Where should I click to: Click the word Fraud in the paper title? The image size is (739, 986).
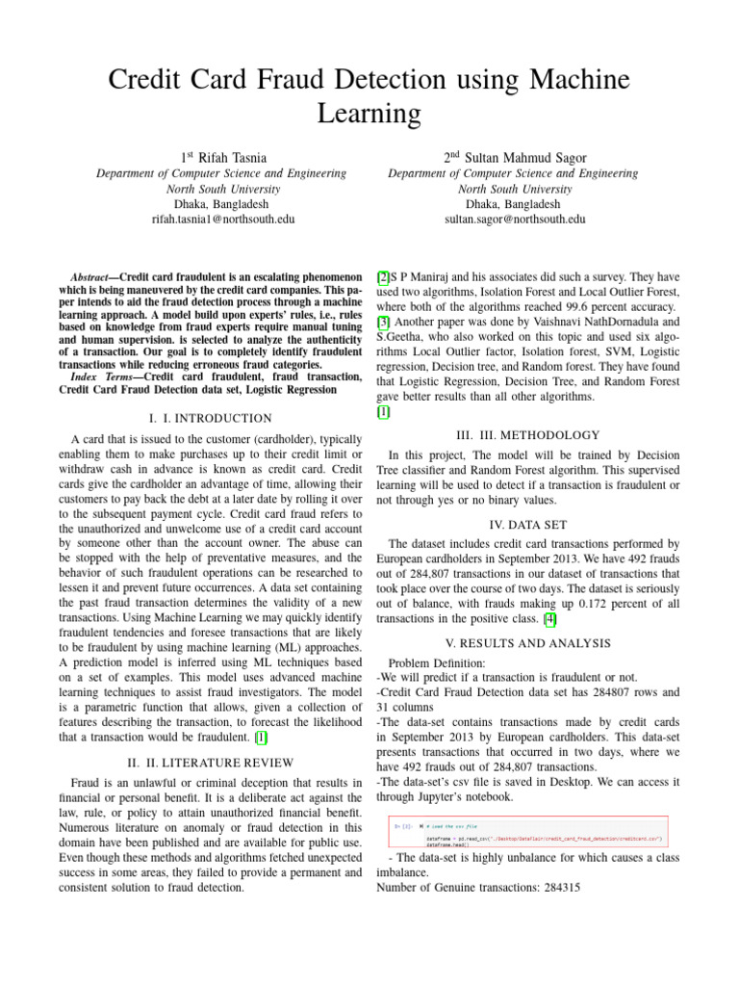tap(312, 78)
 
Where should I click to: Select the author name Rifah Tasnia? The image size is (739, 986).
tap(234, 155)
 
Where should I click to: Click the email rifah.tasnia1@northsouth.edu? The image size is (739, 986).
tap(223, 220)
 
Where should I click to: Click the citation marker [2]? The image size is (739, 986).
tap(383, 277)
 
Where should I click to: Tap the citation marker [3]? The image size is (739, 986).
tap(383, 324)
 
